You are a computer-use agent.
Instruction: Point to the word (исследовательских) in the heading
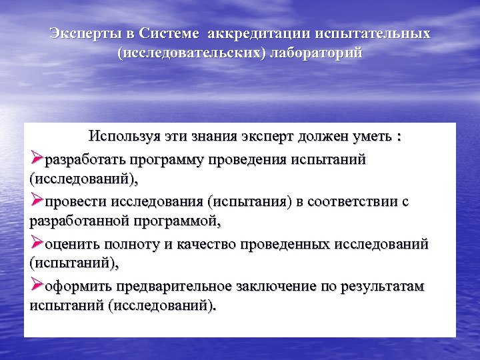[x=192, y=53]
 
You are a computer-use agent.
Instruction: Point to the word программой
[x=175, y=220]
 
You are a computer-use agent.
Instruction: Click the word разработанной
[x=71, y=220]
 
